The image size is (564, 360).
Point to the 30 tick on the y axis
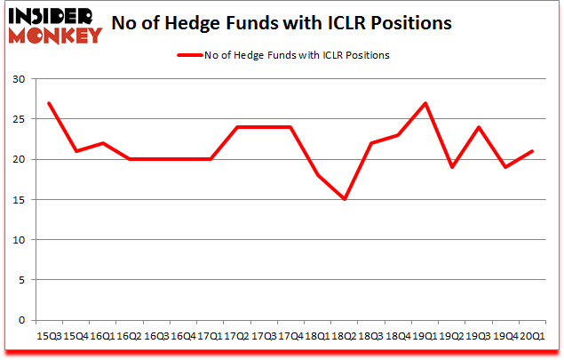click(18, 79)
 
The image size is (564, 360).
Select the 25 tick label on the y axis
click(18, 119)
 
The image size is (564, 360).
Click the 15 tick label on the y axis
click(18, 200)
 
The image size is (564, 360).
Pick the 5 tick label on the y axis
click(20, 280)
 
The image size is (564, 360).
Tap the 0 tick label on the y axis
click(20, 320)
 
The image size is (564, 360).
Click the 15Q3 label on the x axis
click(49, 335)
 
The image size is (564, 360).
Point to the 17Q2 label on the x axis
click(236, 335)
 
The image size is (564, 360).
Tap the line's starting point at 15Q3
click(49, 103)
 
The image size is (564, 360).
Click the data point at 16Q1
click(102, 143)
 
